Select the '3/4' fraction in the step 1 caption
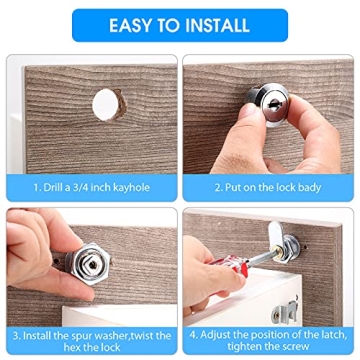83,187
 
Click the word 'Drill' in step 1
55,187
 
